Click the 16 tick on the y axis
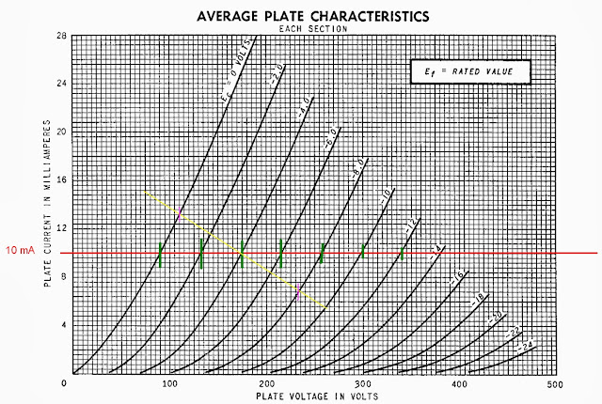click(60, 179)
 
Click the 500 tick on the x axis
click(555, 384)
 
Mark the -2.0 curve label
click(250, 74)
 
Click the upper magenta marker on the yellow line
click(180, 215)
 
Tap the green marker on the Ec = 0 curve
click(161, 255)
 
